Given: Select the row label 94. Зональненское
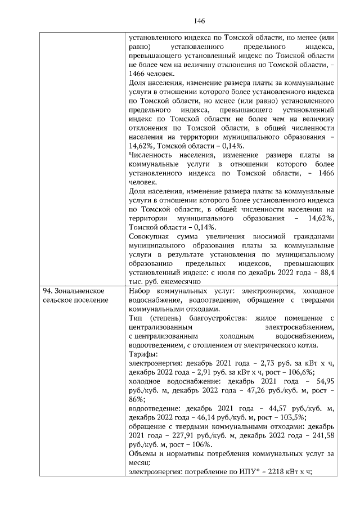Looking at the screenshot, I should point(74,291).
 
